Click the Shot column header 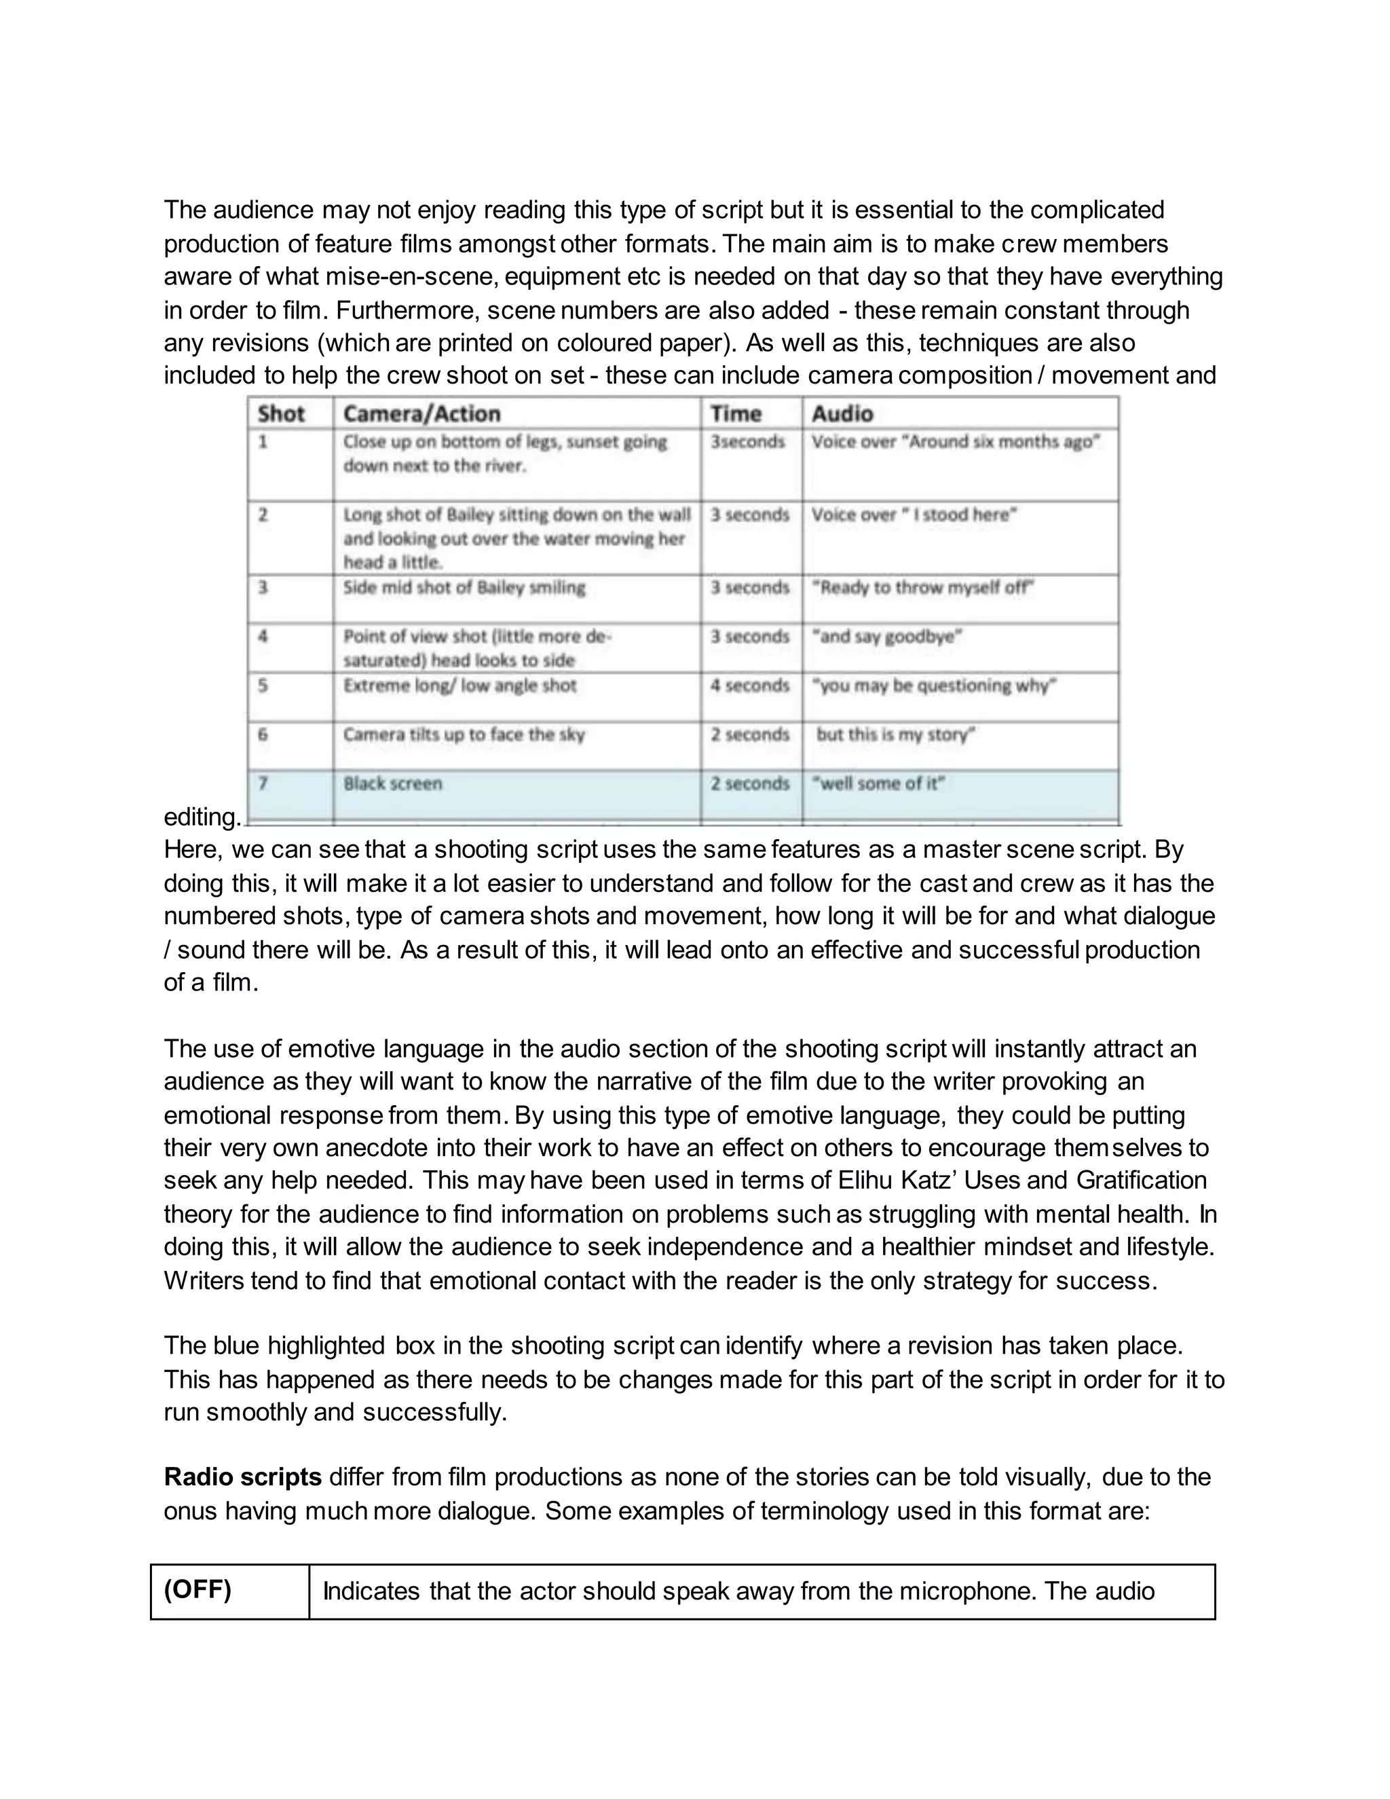tap(281, 413)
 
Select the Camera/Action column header tap(421, 413)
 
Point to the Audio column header tap(842, 413)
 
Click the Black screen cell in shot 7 tap(393, 783)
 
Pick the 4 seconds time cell tap(750, 686)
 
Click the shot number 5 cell tap(263, 686)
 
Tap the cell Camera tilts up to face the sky tap(464, 734)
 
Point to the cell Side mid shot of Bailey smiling tap(464, 587)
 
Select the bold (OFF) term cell tap(198, 1590)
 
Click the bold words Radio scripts tap(242, 1477)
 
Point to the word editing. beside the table tap(202, 817)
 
